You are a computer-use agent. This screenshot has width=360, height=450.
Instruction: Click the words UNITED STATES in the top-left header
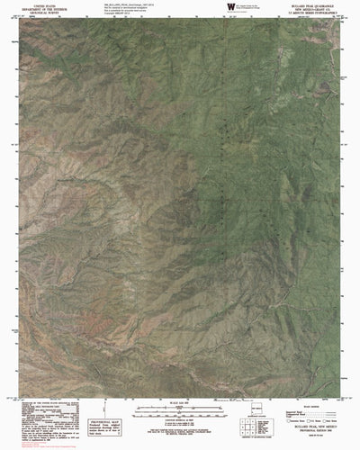[x=30, y=5]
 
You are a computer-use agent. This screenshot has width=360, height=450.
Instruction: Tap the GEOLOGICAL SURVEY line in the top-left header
[x=30, y=14]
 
